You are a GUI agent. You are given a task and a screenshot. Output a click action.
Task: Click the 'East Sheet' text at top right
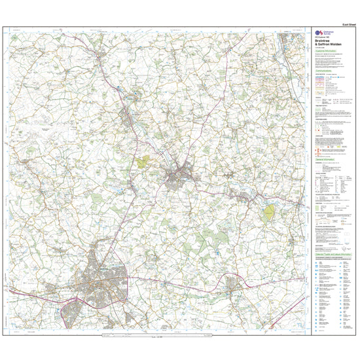(340, 23)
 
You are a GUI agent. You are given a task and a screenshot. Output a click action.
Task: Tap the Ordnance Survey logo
(319, 33)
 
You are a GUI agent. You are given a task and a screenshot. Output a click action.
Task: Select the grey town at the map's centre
(177, 175)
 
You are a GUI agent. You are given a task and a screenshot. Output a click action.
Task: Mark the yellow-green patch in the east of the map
(268, 213)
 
